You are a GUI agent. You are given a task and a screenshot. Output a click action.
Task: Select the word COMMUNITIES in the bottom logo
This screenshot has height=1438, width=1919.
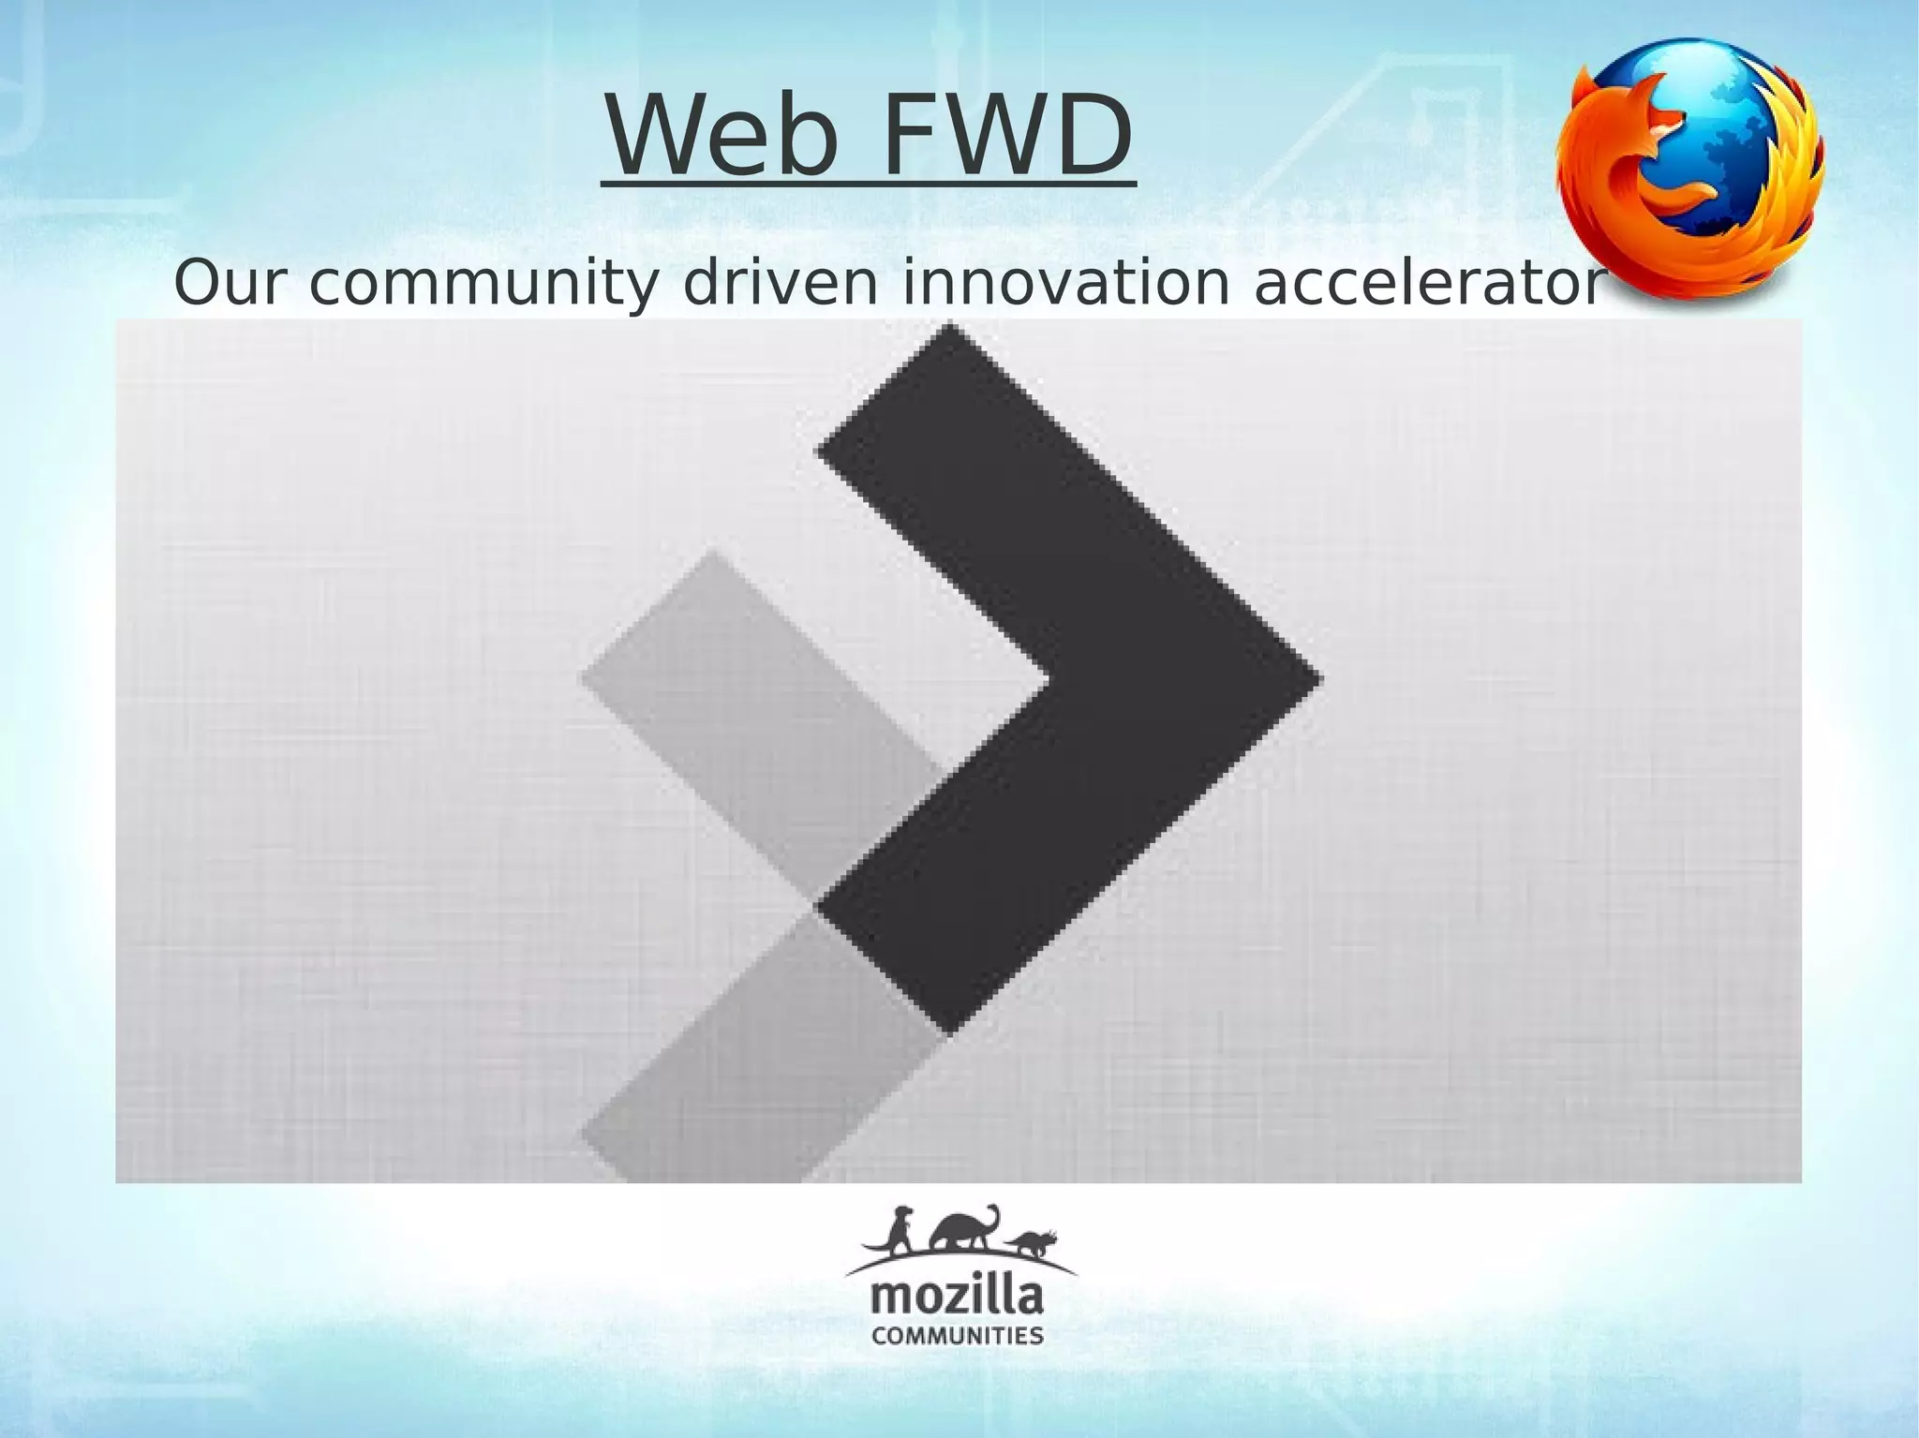coord(958,1335)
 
